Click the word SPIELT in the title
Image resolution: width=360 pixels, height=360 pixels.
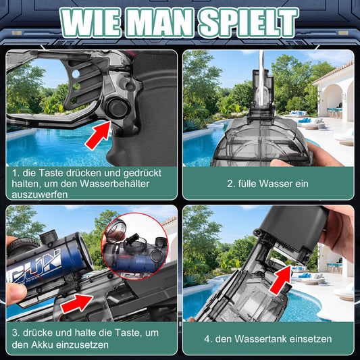point(248,23)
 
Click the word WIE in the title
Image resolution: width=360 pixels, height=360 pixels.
point(91,23)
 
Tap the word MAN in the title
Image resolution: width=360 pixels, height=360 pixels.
point(159,23)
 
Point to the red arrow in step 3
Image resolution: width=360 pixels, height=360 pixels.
point(77,303)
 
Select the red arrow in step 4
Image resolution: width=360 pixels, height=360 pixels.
point(281,280)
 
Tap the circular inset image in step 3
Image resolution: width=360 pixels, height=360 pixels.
point(135,246)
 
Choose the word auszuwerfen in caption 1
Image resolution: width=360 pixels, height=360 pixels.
point(39,195)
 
